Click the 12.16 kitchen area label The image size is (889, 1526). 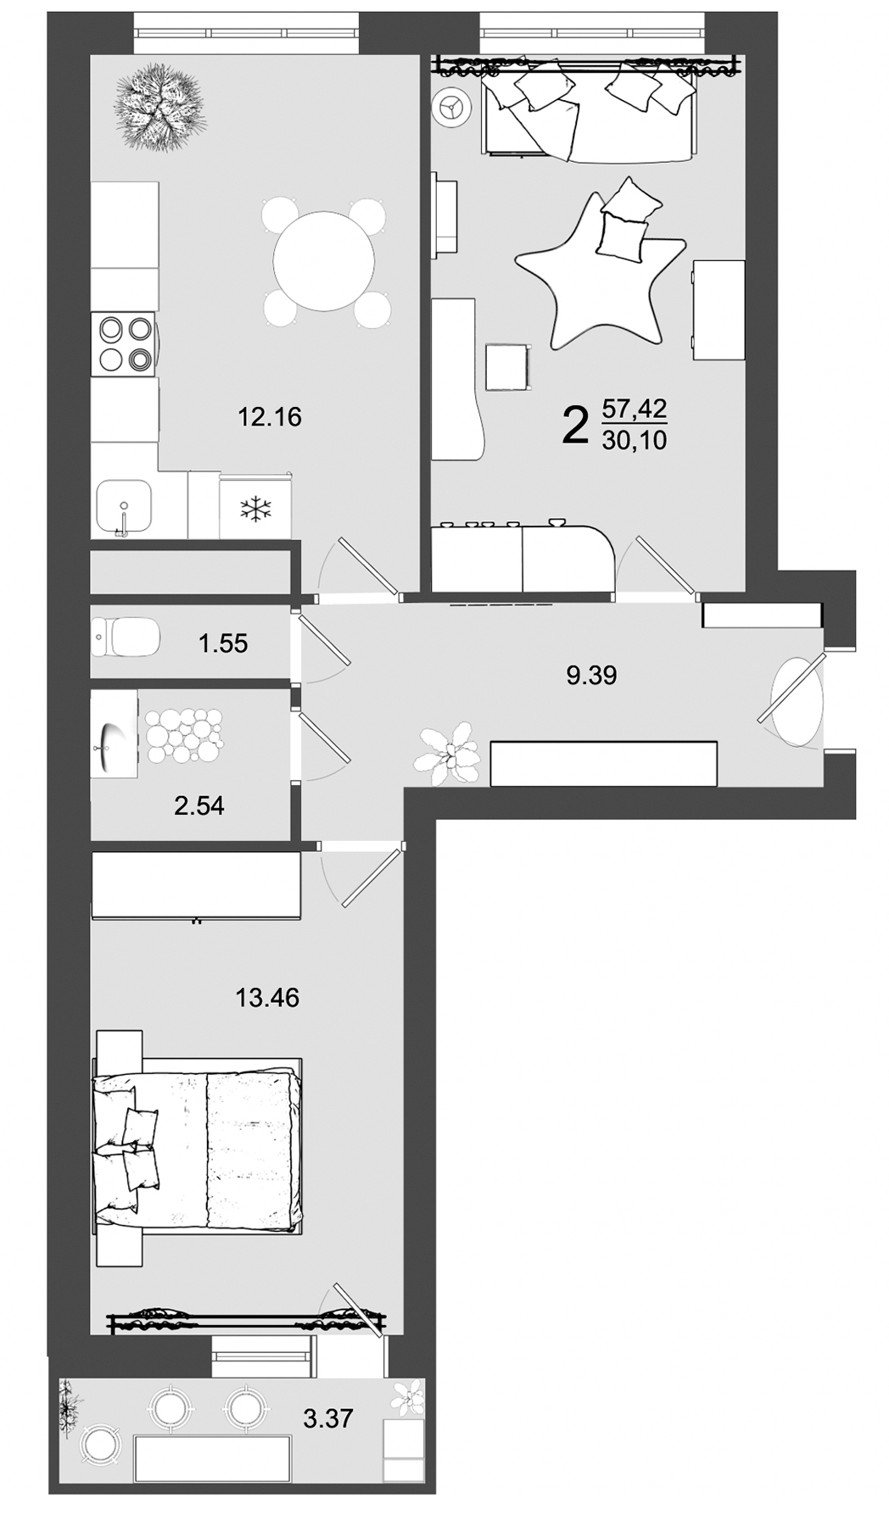(270, 417)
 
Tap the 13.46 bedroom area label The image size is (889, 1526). (267, 998)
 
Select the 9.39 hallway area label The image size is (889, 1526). (591, 676)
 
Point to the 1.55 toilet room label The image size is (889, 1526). (223, 643)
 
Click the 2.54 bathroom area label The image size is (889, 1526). (199, 805)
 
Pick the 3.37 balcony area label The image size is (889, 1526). (328, 1418)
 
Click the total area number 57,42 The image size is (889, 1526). (635, 409)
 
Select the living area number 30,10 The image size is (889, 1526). (635, 440)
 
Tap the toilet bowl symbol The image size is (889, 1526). (126, 637)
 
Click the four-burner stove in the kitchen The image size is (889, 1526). (124, 343)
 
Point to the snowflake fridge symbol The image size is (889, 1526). (255, 510)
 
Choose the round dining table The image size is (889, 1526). (323, 261)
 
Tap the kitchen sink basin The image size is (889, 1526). (124, 505)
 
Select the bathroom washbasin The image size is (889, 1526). (115, 734)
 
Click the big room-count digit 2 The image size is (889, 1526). (574, 426)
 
